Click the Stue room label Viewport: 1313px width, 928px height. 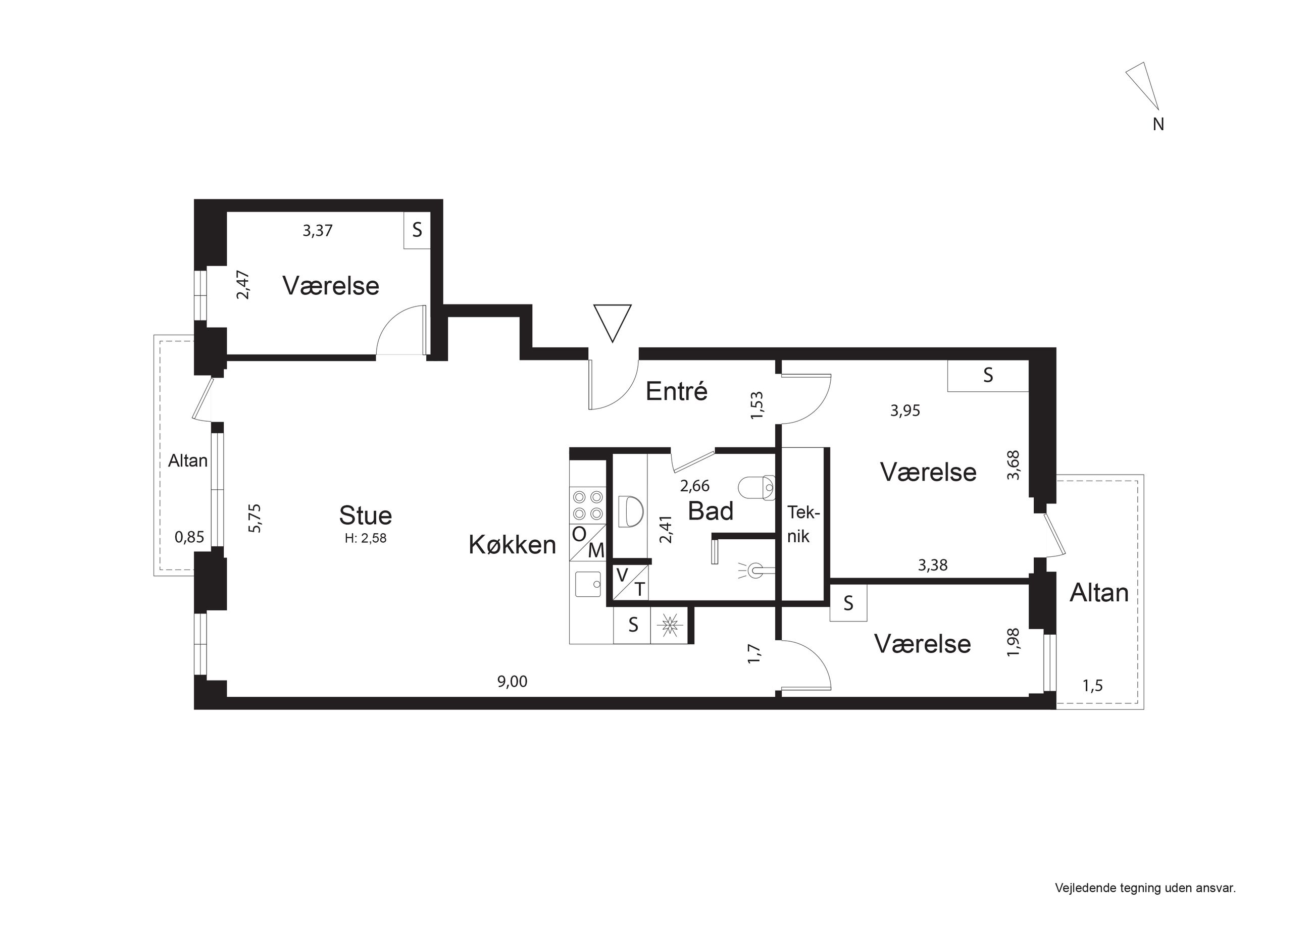tap(366, 515)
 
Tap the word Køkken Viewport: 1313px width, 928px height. tap(513, 545)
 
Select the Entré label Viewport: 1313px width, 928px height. tap(677, 391)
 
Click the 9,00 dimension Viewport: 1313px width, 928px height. tap(512, 682)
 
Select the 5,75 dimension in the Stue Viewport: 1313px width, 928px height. tap(255, 518)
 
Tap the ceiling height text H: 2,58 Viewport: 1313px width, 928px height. tap(366, 538)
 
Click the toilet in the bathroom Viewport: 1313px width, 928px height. tap(756, 488)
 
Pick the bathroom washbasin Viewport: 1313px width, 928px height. tap(631, 511)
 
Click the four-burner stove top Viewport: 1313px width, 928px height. tap(588, 505)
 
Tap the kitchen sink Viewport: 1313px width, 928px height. tap(587, 584)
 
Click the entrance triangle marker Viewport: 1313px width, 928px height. tap(613, 323)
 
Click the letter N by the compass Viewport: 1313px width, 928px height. tap(1158, 124)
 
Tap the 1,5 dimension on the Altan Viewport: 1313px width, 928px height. tap(1092, 686)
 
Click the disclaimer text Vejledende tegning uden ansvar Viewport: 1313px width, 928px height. tap(1145, 888)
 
